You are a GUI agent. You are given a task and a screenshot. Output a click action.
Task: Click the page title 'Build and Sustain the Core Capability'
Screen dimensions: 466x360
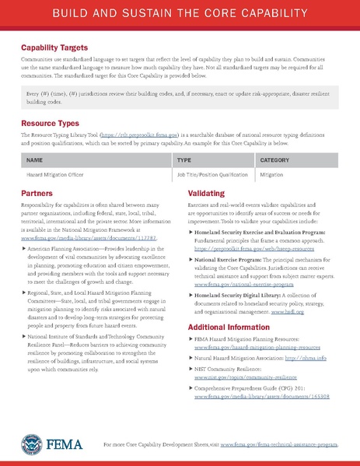point(180,15)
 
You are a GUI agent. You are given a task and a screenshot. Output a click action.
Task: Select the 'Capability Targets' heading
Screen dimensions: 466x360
point(55,47)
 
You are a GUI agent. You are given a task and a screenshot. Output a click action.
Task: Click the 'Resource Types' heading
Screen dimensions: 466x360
point(51,124)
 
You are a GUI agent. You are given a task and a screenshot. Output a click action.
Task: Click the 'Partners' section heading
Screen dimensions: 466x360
point(37,191)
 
